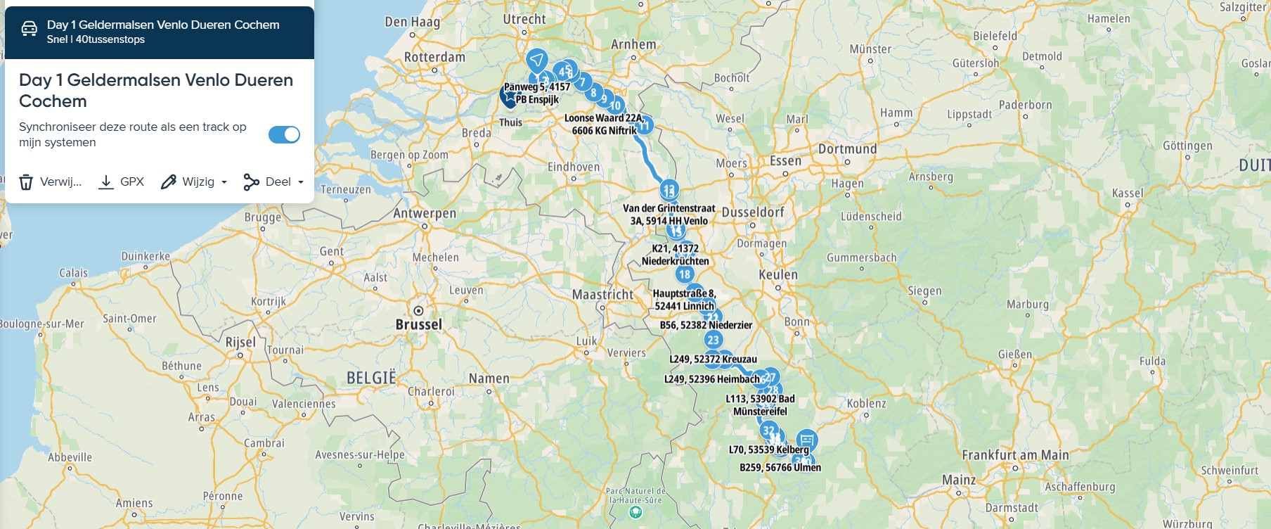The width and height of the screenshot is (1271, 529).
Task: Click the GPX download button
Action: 122,182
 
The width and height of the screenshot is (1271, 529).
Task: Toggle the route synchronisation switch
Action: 284,134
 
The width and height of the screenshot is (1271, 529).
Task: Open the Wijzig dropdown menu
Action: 194,182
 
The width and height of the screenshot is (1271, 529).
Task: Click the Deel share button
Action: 273,182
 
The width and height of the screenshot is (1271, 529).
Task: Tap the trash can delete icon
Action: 26,182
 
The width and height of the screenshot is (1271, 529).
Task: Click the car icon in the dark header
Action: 29,29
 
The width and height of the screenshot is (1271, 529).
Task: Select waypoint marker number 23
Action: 714,340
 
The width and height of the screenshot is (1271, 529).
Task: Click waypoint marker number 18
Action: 685,274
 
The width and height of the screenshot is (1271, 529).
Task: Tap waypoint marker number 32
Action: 768,430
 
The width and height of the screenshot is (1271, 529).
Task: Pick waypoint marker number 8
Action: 593,92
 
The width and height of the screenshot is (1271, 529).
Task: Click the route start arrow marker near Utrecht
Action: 537,59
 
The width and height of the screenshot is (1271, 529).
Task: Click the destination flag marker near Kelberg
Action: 806,440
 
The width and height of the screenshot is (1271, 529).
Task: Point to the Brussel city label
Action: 419,324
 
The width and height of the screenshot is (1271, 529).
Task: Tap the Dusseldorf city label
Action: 753,212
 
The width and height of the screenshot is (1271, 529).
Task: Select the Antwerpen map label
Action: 425,213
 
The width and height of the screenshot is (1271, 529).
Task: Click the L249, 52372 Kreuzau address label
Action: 713,359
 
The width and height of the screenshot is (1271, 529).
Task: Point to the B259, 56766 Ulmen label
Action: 780,467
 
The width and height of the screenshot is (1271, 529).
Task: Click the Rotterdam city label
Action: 434,57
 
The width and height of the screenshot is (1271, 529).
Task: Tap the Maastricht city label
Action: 602,294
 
